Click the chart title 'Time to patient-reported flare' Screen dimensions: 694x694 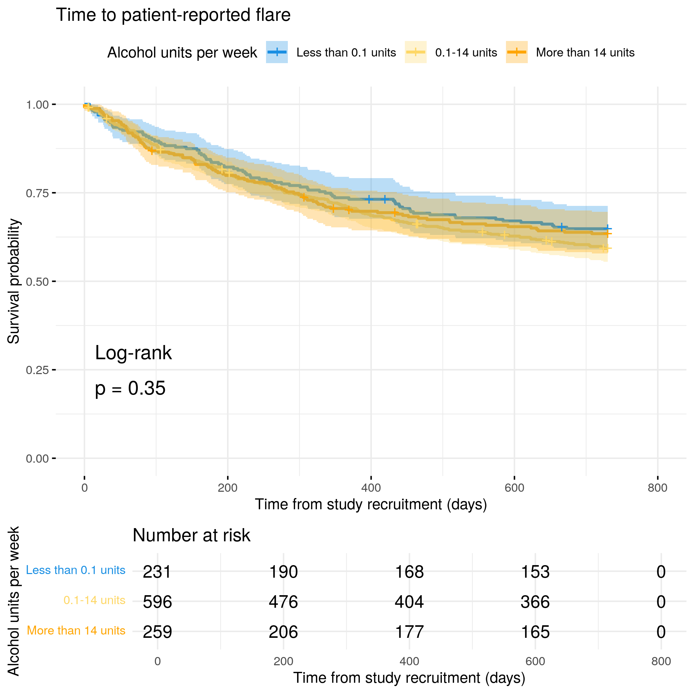tap(173, 15)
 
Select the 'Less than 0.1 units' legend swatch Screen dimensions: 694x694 tap(277, 53)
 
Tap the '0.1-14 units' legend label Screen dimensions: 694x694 tap(466, 53)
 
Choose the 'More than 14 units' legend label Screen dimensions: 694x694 tap(585, 53)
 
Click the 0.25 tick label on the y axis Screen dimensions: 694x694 tap(37, 370)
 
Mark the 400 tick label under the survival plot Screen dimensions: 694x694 tap(371, 488)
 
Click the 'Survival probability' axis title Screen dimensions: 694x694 tap(14, 281)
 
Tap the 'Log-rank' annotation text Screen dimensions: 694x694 tap(133, 353)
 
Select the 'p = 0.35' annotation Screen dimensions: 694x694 tap(130, 388)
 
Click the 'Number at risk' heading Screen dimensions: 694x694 tap(191, 535)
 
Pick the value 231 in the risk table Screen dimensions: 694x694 tap(157, 572)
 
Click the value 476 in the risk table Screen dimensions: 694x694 tap(284, 602)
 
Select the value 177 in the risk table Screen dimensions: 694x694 tap(409, 632)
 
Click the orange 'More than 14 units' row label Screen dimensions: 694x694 tap(76, 631)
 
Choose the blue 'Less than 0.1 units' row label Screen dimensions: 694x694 tap(75, 570)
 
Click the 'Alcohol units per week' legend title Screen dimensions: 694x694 tap(182, 53)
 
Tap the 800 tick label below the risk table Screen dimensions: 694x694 tap(661, 661)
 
